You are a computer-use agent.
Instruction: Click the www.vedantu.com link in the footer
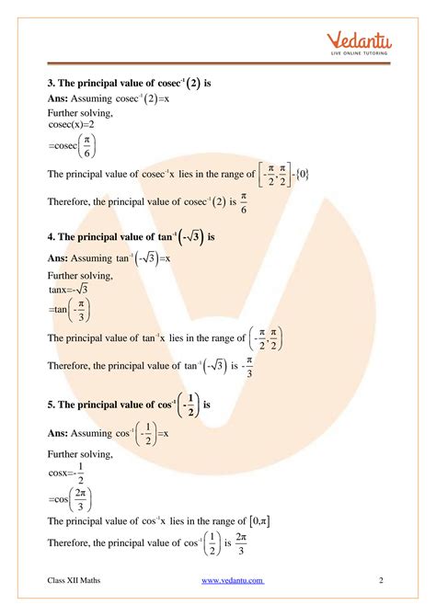click(233, 580)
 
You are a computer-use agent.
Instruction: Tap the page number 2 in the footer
click(381, 580)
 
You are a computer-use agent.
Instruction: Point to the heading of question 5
click(129, 404)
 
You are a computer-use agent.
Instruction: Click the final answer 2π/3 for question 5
click(240, 542)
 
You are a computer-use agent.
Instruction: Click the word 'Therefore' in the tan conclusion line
click(72, 366)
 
